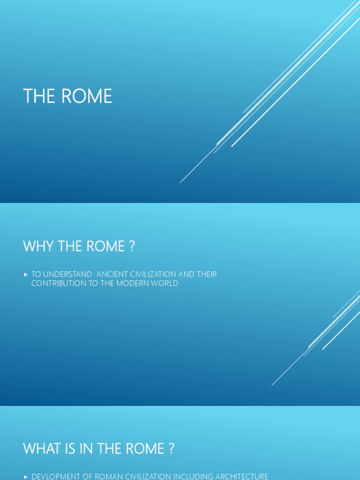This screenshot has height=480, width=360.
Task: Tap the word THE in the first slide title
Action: [x=39, y=97]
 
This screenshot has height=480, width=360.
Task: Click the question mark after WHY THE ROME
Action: [x=132, y=247]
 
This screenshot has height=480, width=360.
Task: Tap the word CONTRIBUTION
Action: [x=59, y=284]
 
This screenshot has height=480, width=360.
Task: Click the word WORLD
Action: [x=165, y=284]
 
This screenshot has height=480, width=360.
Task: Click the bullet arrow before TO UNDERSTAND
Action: [x=26, y=275]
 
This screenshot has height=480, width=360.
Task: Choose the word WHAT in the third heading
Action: [x=40, y=449]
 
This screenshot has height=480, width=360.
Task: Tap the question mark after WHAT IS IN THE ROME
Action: [x=171, y=449]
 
